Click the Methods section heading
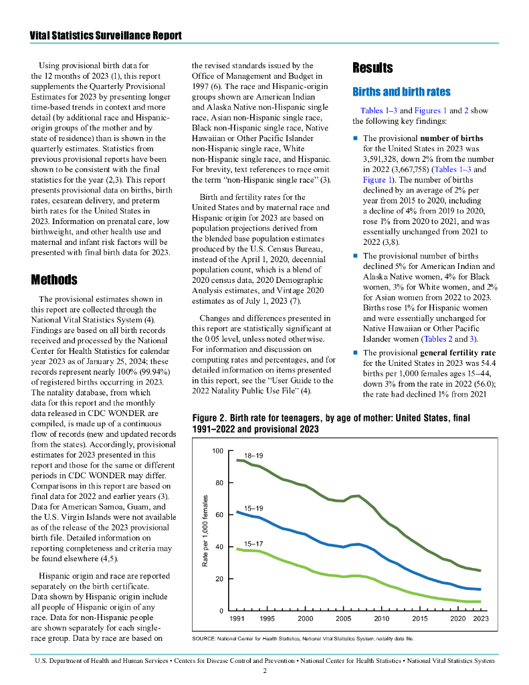(x=54, y=279)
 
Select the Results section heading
(x=373, y=68)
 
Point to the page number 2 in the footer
(x=265, y=670)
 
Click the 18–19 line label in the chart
(x=253, y=456)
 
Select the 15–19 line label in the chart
(x=253, y=508)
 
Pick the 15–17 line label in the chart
(x=253, y=543)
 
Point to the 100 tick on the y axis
(x=217, y=451)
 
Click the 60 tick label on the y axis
(x=219, y=515)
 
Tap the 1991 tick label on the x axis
(x=237, y=619)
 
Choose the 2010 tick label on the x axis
(x=381, y=619)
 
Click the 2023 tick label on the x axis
(x=480, y=619)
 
